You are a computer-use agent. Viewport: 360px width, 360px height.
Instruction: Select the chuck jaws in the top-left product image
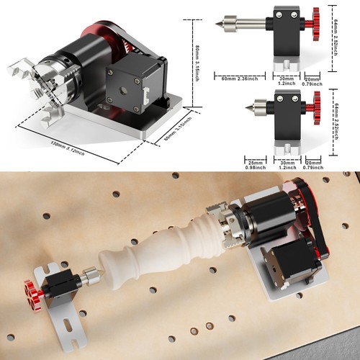point(22,80)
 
